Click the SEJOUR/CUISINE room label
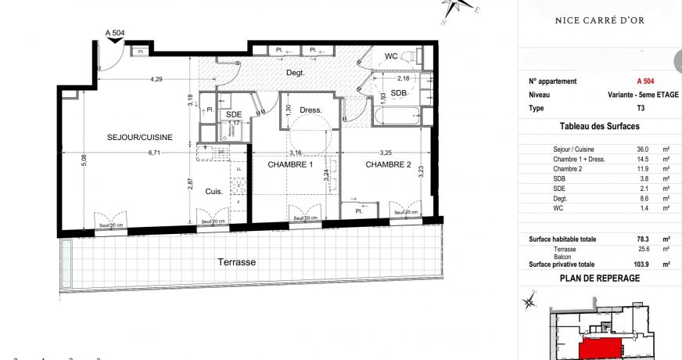139,138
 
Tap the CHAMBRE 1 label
290,165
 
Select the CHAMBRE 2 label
388,165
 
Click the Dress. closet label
310,110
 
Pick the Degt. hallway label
294,72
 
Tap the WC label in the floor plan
392,56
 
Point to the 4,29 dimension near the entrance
156,79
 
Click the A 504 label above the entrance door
115,33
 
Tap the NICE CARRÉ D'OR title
599,20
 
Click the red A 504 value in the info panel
645,81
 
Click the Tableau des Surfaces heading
600,126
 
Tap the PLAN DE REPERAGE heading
600,278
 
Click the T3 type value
641,107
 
